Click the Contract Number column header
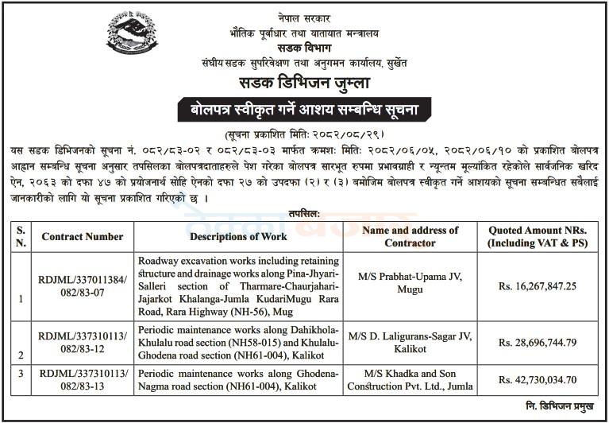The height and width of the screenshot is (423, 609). point(83,237)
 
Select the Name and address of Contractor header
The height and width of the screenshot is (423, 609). point(410,236)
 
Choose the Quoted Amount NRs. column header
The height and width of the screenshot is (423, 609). point(538,236)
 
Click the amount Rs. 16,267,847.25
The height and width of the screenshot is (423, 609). point(538,285)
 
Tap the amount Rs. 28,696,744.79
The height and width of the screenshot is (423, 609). point(538,343)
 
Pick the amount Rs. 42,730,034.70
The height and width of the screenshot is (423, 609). point(538,380)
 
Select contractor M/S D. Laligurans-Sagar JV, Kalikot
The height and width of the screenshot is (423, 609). point(410,343)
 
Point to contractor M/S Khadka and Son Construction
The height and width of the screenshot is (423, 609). point(410,380)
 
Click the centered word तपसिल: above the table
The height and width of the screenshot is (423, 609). point(305,213)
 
